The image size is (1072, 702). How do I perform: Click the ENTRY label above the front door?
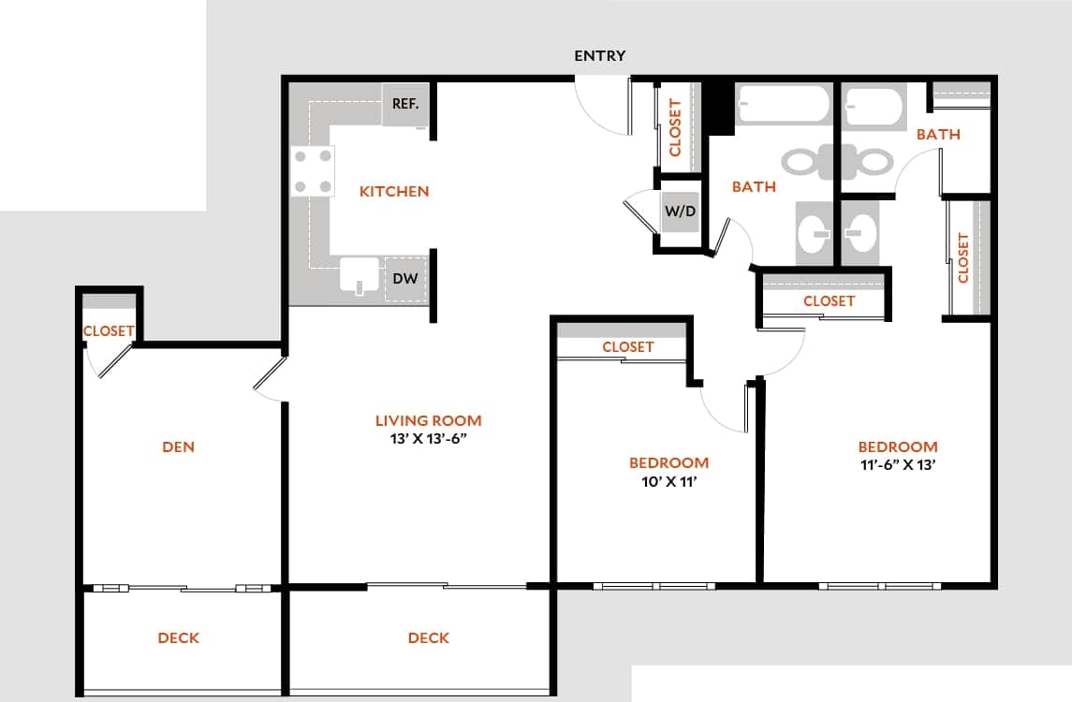[599, 56]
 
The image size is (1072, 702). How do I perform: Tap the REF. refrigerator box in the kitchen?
[404, 104]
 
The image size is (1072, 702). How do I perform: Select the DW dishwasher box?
[404, 278]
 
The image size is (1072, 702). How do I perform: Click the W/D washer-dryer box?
[681, 212]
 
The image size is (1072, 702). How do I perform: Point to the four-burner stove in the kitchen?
[313, 171]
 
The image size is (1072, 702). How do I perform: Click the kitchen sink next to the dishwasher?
[360, 277]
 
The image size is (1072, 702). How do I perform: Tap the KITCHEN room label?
[394, 191]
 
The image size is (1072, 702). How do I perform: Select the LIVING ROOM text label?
[428, 420]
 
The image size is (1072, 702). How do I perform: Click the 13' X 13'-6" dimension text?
[428, 439]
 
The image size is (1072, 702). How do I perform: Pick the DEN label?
[178, 446]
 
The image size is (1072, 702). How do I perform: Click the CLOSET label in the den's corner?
[109, 331]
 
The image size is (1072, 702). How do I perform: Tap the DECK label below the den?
[178, 637]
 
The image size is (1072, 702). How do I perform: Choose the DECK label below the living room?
[428, 637]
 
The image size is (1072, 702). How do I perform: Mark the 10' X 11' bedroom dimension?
[668, 482]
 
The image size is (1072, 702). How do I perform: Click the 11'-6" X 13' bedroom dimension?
[898, 466]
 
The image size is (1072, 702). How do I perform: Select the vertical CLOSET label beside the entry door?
[675, 127]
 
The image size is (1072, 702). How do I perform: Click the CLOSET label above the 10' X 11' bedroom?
[627, 346]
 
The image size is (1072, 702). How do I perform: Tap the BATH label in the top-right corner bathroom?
[938, 134]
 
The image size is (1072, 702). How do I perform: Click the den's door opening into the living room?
[269, 378]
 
